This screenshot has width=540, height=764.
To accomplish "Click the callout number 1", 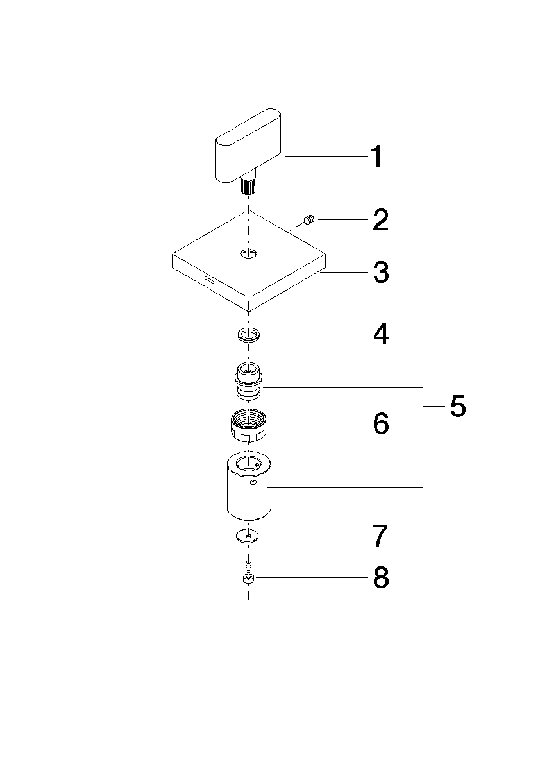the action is (376, 157).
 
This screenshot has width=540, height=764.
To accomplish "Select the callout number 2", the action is (381, 220).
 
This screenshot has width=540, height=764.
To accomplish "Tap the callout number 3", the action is (381, 273).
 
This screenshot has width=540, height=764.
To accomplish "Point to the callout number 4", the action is (381, 334).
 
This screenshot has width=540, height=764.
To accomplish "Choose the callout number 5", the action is (458, 406).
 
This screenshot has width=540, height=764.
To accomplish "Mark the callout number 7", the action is (381, 536).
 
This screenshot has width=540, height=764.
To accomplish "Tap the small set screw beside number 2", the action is (309, 221).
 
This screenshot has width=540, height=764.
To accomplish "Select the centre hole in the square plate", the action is (248, 253).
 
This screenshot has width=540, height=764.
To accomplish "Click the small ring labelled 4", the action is (248, 335).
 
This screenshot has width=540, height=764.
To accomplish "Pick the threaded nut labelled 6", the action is (248, 425).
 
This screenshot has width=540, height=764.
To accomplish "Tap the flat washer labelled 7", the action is (248, 536).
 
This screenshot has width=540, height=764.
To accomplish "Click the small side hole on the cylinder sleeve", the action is (253, 482).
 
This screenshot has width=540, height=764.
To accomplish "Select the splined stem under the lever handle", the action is (248, 186).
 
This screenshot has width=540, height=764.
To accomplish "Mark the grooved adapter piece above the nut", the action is (248, 380).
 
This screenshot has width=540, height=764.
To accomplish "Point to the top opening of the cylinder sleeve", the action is (249, 462).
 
